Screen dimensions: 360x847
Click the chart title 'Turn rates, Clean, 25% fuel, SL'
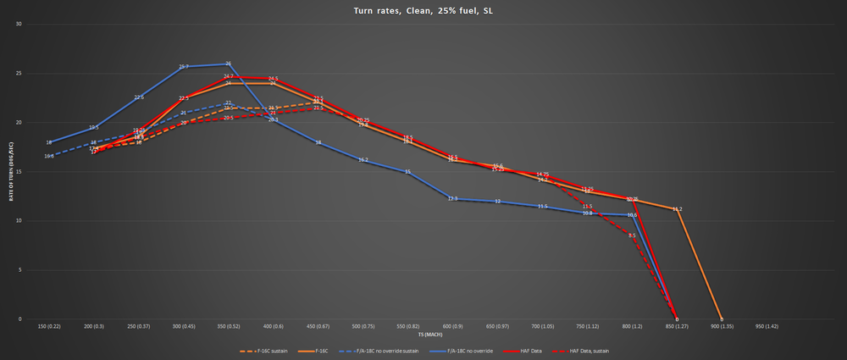pos(423,11)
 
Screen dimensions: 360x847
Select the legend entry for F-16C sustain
pos(263,350)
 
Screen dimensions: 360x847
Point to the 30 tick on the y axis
pos(19,24)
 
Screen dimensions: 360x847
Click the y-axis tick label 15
pos(19,171)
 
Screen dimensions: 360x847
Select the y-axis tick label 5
pos(20,269)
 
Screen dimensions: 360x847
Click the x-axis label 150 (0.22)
pos(49,325)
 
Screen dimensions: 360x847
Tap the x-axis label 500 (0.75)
pos(363,325)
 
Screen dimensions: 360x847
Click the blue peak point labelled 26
pos(229,64)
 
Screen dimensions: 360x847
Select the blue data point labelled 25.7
pos(184,67)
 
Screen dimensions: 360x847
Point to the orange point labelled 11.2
pos(677,209)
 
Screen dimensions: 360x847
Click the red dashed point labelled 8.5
pos(632,235)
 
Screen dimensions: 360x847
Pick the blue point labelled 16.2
pos(363,160)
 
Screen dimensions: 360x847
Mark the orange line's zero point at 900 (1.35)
pos(722,319)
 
